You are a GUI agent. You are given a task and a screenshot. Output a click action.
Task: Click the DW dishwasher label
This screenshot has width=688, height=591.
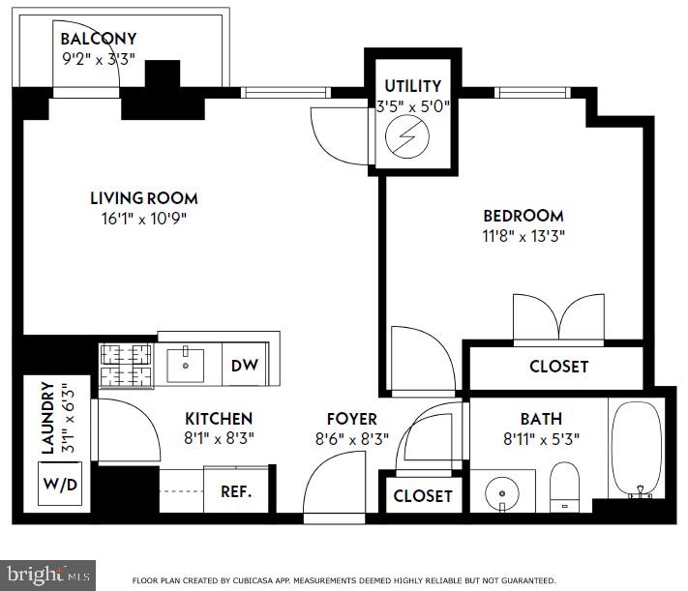click(245, 365)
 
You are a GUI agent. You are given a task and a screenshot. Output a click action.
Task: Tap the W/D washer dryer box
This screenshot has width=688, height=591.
click(60, 484)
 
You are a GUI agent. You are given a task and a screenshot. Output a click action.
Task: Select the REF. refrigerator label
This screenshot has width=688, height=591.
click(236, 491)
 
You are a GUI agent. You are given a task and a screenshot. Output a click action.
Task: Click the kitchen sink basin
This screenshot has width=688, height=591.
click(185, 365)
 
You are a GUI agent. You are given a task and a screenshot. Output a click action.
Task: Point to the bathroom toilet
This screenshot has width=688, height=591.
click(565, 487)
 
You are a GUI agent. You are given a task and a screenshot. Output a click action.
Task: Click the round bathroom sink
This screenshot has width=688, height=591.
click(502, 493)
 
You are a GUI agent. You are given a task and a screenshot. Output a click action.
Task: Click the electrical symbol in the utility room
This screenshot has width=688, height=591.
click(406, 136)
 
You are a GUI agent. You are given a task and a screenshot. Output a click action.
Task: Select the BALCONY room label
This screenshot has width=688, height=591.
click(99, 39)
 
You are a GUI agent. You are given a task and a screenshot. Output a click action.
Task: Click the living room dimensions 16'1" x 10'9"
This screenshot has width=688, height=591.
click(144, 219)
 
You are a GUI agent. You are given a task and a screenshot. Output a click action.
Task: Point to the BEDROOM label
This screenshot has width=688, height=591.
click(523, 216)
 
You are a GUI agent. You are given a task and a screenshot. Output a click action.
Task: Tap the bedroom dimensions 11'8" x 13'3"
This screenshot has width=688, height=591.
click(523, 236)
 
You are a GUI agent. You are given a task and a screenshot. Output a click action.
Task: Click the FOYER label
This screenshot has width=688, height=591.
click(352, 419)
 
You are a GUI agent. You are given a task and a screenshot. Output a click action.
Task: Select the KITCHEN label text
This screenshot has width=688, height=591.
click(219, 419)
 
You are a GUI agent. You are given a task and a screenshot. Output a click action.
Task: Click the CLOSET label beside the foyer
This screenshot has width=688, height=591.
click(423, 496)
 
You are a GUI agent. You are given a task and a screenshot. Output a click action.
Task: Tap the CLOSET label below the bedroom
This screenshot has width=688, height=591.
click(559, 367)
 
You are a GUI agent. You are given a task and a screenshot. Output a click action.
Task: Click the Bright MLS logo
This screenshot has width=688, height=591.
click(47, 576)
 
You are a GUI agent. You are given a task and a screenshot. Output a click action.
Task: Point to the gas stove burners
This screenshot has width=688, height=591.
click(127, 366)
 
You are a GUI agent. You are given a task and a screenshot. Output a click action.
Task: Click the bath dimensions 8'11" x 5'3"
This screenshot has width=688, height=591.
click(542, 439)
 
